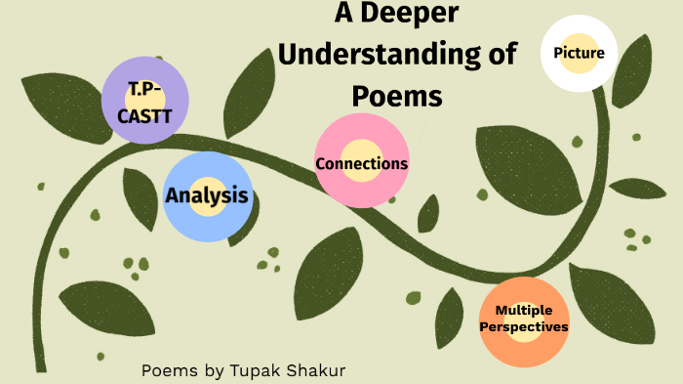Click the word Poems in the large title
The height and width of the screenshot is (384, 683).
[397, 97]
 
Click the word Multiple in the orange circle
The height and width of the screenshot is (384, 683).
[524, 312]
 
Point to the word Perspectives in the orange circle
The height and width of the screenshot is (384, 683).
[524, 327]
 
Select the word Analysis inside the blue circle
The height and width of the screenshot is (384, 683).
[207, 194]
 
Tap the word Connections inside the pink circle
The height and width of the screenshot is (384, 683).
[361, 163]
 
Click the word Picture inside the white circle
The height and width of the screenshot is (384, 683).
[579, 52]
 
